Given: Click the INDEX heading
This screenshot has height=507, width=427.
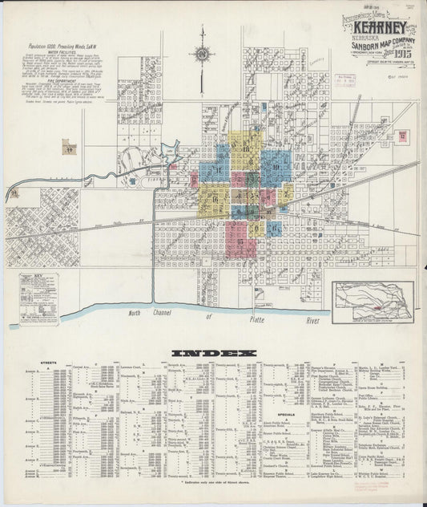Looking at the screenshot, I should (214, 353).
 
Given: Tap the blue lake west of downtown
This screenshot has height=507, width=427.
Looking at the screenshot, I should (170, 150).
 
